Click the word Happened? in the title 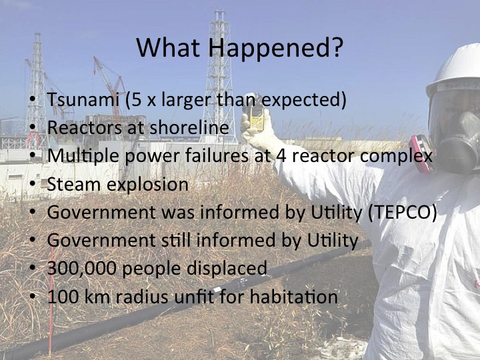click(275, 48)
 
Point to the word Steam click(73, 185)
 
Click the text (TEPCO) click(402, 212)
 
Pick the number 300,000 click(82, 269)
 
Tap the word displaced click(227, 269)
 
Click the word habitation click(294, 297)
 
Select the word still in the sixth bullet click(176, 240)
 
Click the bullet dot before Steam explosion click(33, 185)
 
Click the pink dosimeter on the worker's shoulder click(421, 153)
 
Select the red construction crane click(109, 86)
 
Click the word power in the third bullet click(152, 157)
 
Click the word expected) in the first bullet click(304, 100)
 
